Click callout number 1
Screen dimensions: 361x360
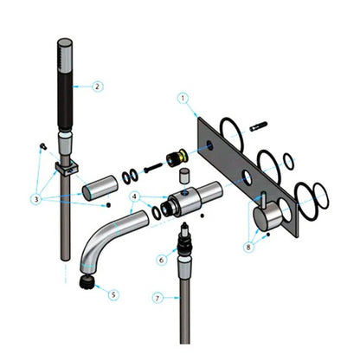coord(183,98)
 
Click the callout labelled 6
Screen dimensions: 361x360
coord(161,258)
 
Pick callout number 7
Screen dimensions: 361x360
coord(157,297)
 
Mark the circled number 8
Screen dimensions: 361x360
coord(250,248)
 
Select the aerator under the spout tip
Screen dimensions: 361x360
coord(87,280)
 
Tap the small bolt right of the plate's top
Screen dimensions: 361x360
coord(257,127)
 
